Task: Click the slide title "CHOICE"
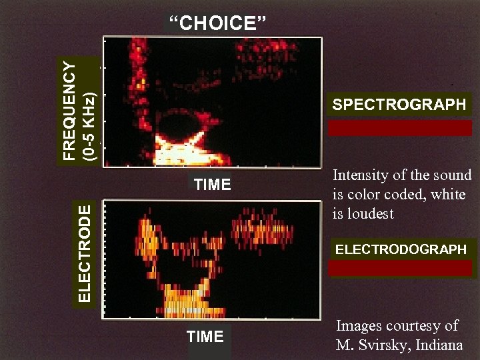217,24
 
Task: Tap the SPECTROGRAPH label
399,105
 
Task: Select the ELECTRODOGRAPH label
401,249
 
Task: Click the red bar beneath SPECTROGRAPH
399,128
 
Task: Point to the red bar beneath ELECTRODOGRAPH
401,268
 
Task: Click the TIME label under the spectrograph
212,185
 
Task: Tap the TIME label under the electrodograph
205,337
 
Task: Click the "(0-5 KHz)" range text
90,125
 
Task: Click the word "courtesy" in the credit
419,326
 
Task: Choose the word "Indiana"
443,345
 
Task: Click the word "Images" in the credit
359,326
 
